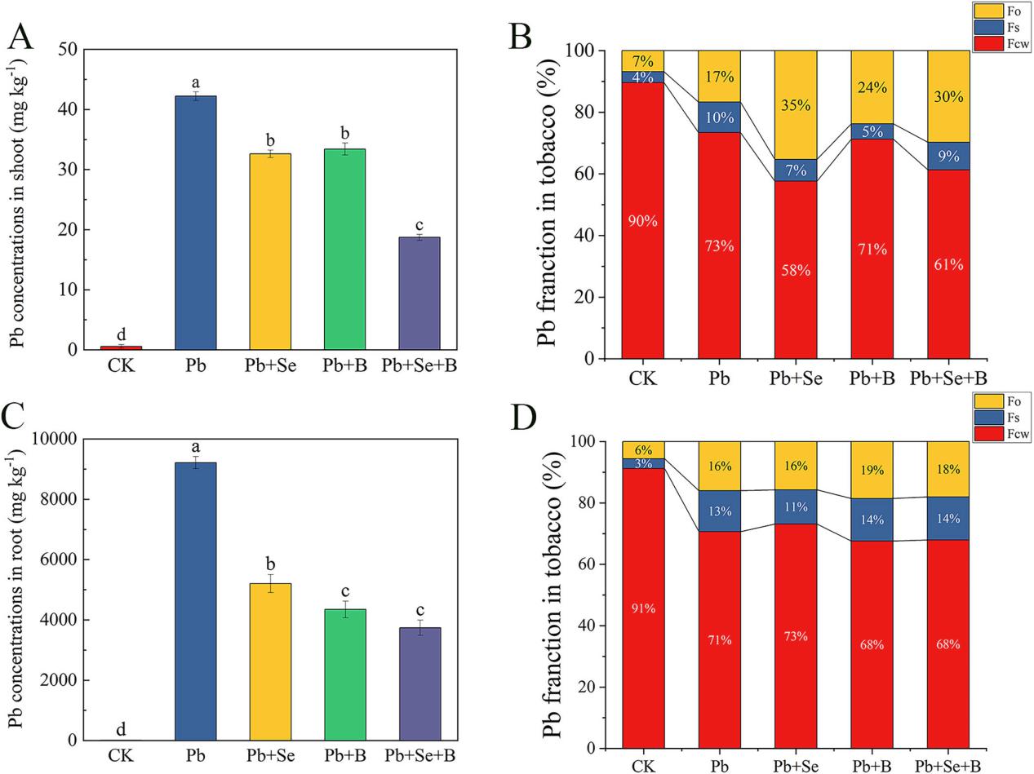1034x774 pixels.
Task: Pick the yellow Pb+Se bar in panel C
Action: (x=270, y=661)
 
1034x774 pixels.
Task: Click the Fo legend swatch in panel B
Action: (x=986, y=11)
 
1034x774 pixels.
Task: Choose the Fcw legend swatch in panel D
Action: (x=986, y=434)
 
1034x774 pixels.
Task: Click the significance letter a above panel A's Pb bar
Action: (x=196, y=82)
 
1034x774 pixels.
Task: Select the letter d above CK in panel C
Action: (x=121, y=728)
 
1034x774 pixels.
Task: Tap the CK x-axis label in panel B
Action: (x=643, y=378)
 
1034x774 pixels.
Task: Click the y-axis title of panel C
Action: (x=16, y=590)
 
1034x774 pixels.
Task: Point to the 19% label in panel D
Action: (x=872, y=470)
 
